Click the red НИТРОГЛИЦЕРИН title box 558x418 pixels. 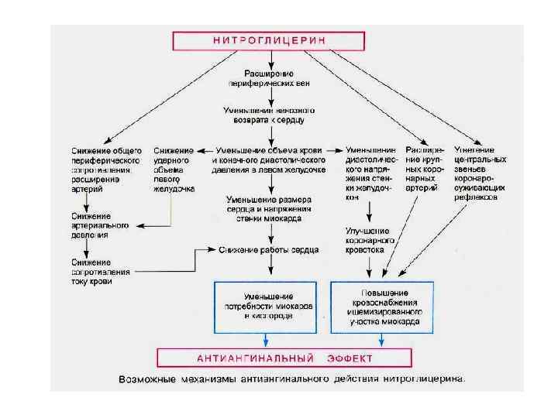tap(270, 39)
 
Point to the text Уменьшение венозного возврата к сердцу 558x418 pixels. tap(270, 115)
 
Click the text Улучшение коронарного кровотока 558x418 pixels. tap(370, 240)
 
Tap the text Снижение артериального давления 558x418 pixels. tap(91, 224)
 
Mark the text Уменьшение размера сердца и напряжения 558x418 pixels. tap(268, 208)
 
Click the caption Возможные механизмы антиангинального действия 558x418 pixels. tap(292, 380)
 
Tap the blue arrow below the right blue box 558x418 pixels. tap(381, 340)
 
